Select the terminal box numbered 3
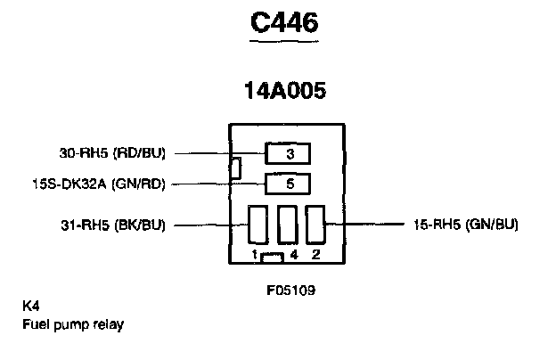coord(289,154)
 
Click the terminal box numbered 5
coord(289,184)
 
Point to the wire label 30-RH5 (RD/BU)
coord(113,152)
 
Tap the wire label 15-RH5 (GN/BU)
coord(467,225)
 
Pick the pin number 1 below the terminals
coord(254,255)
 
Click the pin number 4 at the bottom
coord(293,255)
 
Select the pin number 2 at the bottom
coord(315,255)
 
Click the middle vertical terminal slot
coord(287,225)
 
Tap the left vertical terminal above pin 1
coord(258,225)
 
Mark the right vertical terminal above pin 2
coord(315,225)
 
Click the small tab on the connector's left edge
coord(234,167)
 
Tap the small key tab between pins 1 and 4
coord(274,257)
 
